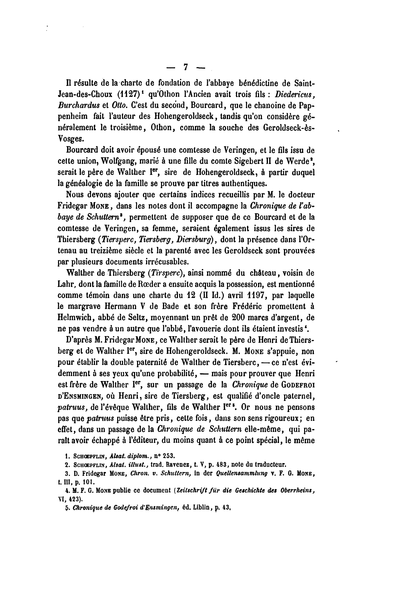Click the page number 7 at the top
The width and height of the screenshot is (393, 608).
point(186,67)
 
